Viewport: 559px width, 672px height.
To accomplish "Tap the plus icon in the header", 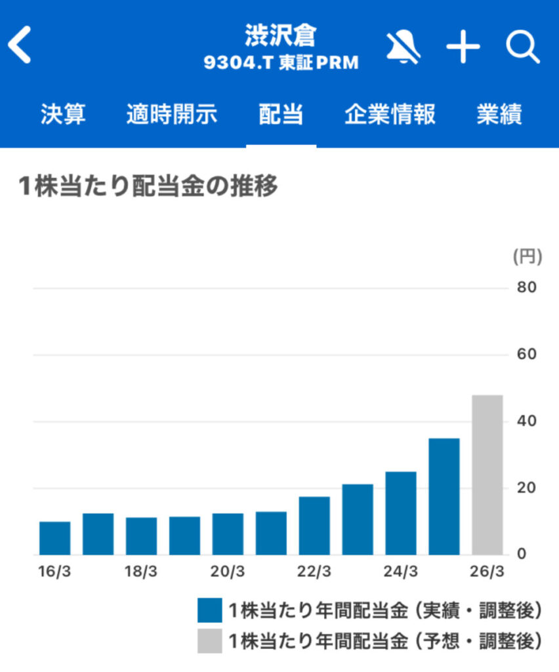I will pos(463,47).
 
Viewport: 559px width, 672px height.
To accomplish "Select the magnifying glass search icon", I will pos(522,47).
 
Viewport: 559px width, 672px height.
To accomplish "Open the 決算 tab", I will pos(63,115).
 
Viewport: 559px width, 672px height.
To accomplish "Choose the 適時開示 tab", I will pos(171,115).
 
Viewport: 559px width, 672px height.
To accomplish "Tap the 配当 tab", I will pos(281,115).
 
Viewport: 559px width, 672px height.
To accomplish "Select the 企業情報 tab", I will pos(390,115).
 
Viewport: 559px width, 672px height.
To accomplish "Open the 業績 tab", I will pos(499,115).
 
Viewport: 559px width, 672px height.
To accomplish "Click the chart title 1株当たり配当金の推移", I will pos(150,187).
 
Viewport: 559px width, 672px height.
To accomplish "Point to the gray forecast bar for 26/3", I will pos(487,474).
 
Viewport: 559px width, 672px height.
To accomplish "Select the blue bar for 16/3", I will pos(55,538).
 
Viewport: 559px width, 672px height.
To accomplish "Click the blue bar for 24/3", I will pos(401,513).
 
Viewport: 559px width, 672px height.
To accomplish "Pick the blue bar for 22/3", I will pos(314,526).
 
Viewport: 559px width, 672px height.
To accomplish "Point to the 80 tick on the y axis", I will pos(527,287).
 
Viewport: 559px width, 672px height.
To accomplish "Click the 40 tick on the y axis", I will pos(527,421).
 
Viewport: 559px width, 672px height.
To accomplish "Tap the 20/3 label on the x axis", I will pos(228,571).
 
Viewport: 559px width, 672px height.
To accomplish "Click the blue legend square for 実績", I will pos(208,610).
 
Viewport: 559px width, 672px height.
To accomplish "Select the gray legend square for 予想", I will pos(208,640).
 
